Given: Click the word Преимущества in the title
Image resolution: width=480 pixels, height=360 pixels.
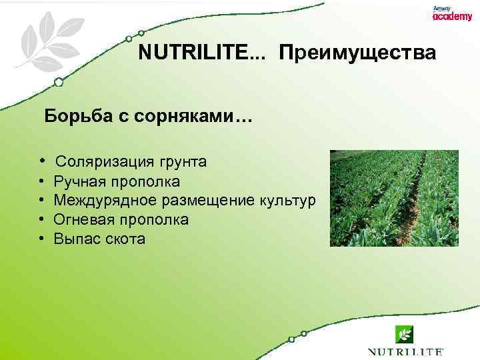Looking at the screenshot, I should click(358, 53).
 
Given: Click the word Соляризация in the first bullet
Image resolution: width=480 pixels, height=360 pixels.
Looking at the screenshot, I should click(105, 162).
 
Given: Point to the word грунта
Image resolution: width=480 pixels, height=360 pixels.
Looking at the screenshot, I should click(182, 162).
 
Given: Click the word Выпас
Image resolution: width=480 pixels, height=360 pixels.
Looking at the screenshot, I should click(76, 239).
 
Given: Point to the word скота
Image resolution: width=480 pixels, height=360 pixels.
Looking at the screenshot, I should click(124, 239).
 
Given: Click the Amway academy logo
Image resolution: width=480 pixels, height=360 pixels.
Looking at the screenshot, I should click(451, 14).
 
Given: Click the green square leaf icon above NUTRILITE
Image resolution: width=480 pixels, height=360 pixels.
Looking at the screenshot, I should click(405, 333).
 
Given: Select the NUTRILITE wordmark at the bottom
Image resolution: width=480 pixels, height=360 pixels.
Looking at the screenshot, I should click(405, 351).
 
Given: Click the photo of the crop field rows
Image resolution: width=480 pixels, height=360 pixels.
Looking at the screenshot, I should click(394, 198).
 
